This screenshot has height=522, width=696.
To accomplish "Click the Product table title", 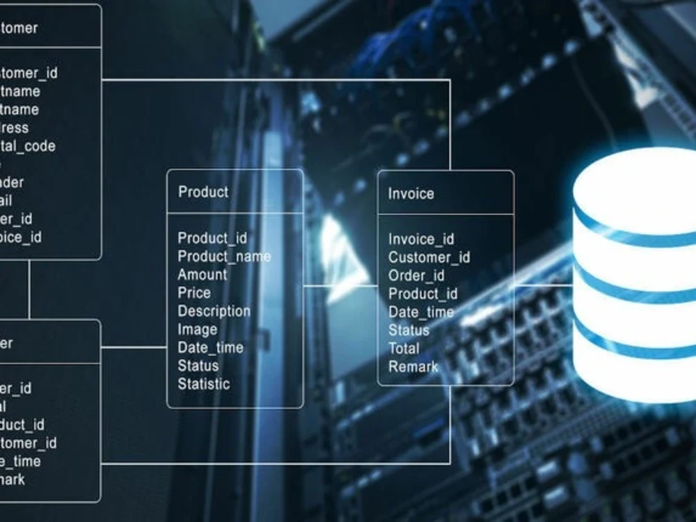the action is [x=203, y=191].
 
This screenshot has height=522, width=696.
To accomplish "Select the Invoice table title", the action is [x=411, y=193].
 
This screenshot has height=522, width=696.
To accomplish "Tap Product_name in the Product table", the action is [x=224, y=256].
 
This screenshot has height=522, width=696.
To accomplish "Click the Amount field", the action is [x=202, y=274].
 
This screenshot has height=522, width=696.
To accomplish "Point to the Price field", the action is [x=193, y=293].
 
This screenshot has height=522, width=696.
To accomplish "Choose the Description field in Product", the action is [x=214, y=311].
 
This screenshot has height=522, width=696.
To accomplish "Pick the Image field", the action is [x=197, y=329].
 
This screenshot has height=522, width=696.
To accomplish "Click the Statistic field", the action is [x=203, y=383].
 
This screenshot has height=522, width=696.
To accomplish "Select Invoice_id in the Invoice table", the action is [x=420, y=239].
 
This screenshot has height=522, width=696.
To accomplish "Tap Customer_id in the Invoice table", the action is [x=429, y=258].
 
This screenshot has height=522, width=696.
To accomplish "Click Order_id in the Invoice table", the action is [x=416, y=276].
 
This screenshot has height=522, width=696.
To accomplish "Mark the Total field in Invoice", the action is [x=404, y=348].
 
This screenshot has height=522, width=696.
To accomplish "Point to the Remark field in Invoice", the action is [x=413, y=366].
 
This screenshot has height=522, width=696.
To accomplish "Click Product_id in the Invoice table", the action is [x=422, y=294].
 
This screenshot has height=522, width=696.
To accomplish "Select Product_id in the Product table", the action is [x=212, y=238].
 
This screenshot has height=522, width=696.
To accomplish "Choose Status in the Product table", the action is [x=198, y=365].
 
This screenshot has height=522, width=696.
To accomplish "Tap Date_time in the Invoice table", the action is [x=420, y=312].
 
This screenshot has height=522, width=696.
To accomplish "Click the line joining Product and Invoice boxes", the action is [x=340, y=285].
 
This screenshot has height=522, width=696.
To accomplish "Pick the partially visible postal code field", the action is [x=26, y=146].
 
